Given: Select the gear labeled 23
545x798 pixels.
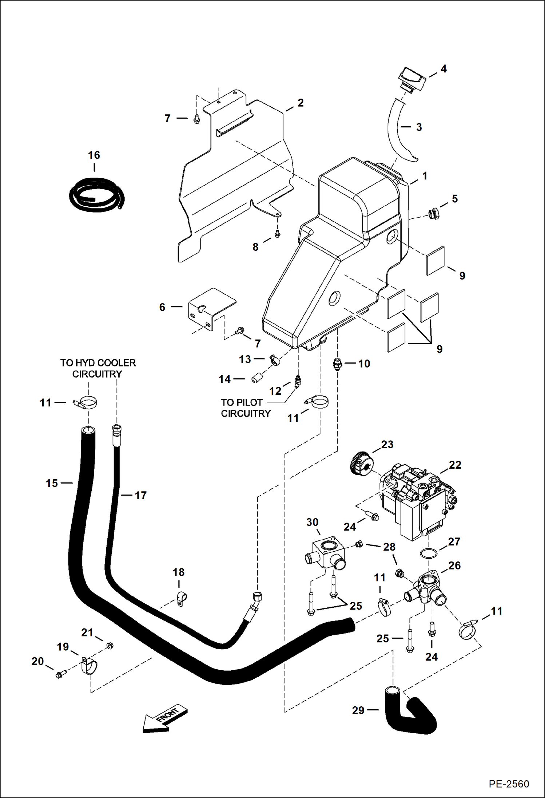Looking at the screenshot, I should tap(362, 462).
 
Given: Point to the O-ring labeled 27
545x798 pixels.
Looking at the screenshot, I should tap(428, 553).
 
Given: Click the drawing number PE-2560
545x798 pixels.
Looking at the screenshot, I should tap(509, 783).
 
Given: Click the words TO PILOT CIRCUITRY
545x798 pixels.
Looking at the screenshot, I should tap(246, 408).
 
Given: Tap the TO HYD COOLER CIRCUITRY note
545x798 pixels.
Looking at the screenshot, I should tap(98, 368).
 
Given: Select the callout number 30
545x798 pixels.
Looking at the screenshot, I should tap(312, 522).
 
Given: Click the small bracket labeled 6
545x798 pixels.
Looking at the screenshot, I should tap(211, 308).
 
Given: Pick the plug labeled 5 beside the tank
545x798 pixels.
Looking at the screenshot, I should tap(434, 214).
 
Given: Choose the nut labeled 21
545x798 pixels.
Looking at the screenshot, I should tap(109, 646).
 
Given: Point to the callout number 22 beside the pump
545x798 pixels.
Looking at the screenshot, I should tap(455, 465).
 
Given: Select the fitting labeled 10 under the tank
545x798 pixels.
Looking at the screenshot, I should tap(337, 364).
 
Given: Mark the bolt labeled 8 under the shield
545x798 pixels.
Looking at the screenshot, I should tap(277, 234).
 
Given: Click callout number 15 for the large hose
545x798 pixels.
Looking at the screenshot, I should tap(52, 483).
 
